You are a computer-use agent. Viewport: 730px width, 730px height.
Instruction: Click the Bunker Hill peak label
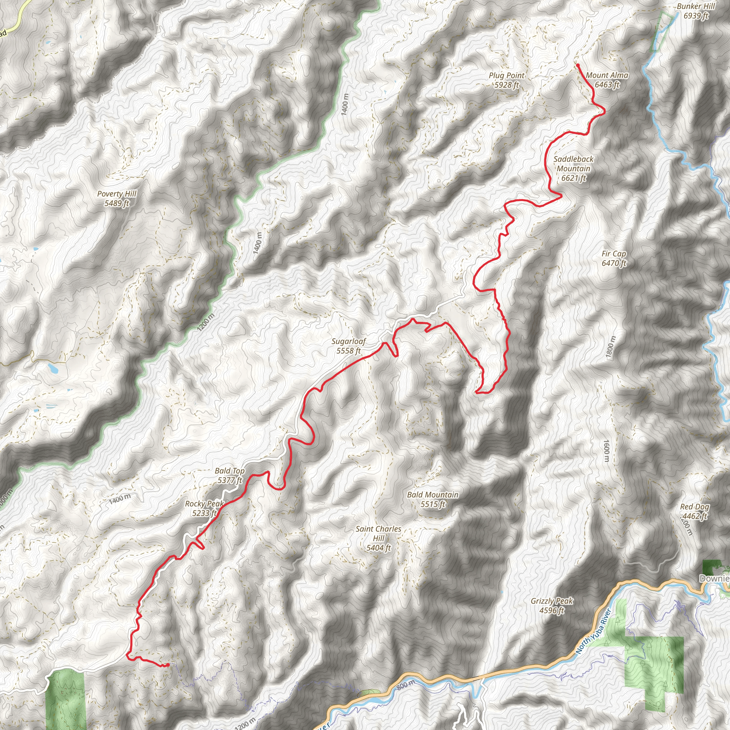[696, 11]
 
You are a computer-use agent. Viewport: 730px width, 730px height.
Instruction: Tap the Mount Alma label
[607, 80]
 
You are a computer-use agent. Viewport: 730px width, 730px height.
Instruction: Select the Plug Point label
[507, 80]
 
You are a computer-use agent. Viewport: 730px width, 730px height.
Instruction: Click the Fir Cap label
[614, 258]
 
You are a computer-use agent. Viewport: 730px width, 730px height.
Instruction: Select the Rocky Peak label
[204, 508]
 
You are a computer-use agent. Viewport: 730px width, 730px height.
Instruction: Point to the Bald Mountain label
[433, 499]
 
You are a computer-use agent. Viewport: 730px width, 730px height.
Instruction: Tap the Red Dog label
[694, 511]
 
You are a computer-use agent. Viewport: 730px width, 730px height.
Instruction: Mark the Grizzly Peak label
[552, 606]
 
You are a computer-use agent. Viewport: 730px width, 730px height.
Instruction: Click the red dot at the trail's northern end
[578, 65]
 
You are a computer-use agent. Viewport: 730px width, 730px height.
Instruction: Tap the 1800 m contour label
[610, 347]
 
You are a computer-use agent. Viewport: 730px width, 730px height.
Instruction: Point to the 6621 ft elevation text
[573, 178]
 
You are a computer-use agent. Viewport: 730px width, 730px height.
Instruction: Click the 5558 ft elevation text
[349, 351]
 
